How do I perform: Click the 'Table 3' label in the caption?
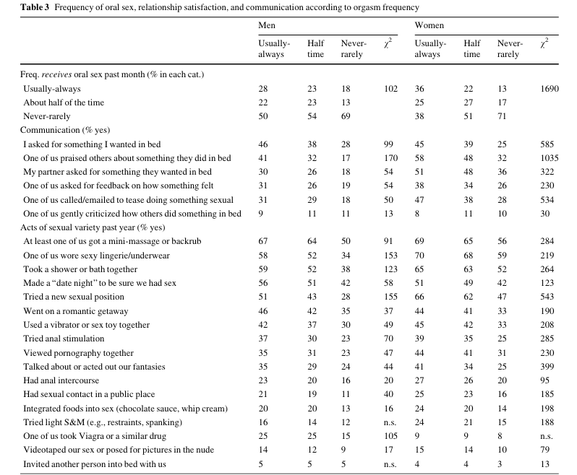click(x=35, y=7)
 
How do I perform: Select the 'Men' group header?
click(x=267, y=25)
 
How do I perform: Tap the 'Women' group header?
click(x=429, y=25)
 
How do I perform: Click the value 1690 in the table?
click(x=550, y=89)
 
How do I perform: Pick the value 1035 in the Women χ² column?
click(x=550, y=158)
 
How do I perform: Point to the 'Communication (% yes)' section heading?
click(x=65, y=130)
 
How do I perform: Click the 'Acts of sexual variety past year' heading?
click(x=77, y=227)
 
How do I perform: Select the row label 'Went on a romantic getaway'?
click(x=76, y=311)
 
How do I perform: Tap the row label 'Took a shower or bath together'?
click(x=80, y=269)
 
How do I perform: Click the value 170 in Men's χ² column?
click(x=390, y=158)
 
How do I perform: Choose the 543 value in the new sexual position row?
click(x=547, y=297)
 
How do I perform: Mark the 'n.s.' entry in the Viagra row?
click(x=547, y=437)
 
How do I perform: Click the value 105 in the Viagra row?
click(x=390, y=436)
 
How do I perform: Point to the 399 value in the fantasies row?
click(x=547, y=367)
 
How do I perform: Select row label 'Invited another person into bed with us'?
click(x=95, y=464)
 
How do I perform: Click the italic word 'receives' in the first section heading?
click(x=56, y=74)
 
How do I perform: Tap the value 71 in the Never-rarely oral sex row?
click(x=502, y=116)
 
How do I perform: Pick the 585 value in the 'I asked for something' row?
click(x=547, y=144)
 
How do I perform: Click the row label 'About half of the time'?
click(x=64, y=103)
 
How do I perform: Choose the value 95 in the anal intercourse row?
click(x=545, y=380)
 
